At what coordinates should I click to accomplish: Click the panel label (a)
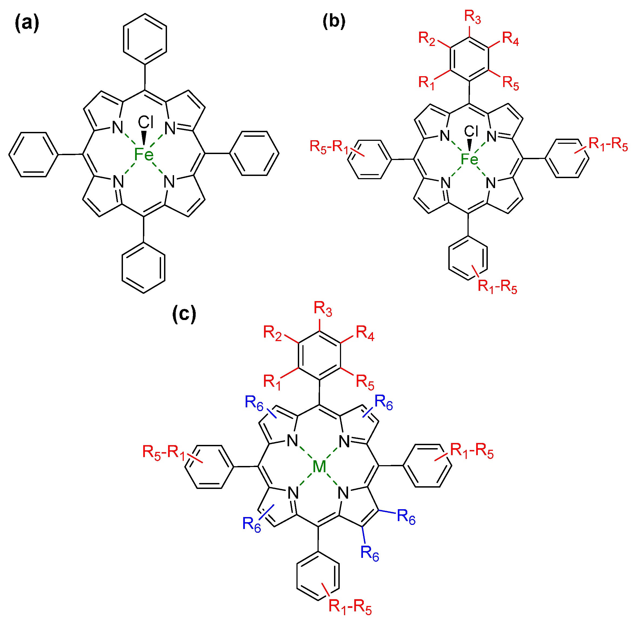tap(27, 24)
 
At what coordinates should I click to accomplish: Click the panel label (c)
tap(184, 313)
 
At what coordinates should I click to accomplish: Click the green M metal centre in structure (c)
tap(319, 466)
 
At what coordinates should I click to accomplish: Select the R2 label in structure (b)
tap(427, 39)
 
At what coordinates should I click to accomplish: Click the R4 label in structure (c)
tap(365, 333)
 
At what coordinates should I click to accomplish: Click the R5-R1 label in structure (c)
tap(163, 452)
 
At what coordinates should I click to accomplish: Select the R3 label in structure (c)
tap(323, 309)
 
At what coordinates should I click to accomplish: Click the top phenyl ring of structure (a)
tap(145, 39)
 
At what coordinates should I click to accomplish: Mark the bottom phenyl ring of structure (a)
tap(143, 268)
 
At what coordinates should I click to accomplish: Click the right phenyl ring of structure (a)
tap(254, 153)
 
